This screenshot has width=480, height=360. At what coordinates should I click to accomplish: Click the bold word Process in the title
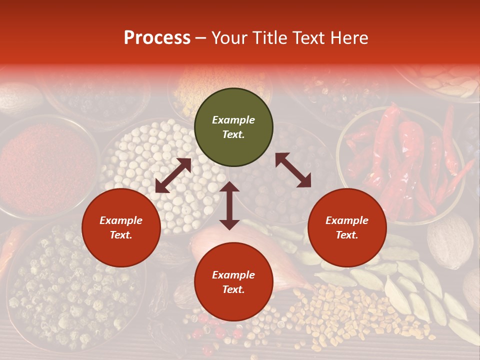(157, 38)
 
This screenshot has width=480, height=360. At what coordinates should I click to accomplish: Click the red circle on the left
(121, 228)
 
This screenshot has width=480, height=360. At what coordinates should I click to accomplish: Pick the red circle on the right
(347, 228)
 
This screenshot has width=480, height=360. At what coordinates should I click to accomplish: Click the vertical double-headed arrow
(229, 205)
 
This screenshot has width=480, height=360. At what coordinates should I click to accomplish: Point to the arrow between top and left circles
(173, 175)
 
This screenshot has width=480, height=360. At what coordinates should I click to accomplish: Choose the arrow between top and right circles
(293, 170)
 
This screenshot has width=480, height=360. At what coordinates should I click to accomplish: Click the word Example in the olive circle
(233, 120)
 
